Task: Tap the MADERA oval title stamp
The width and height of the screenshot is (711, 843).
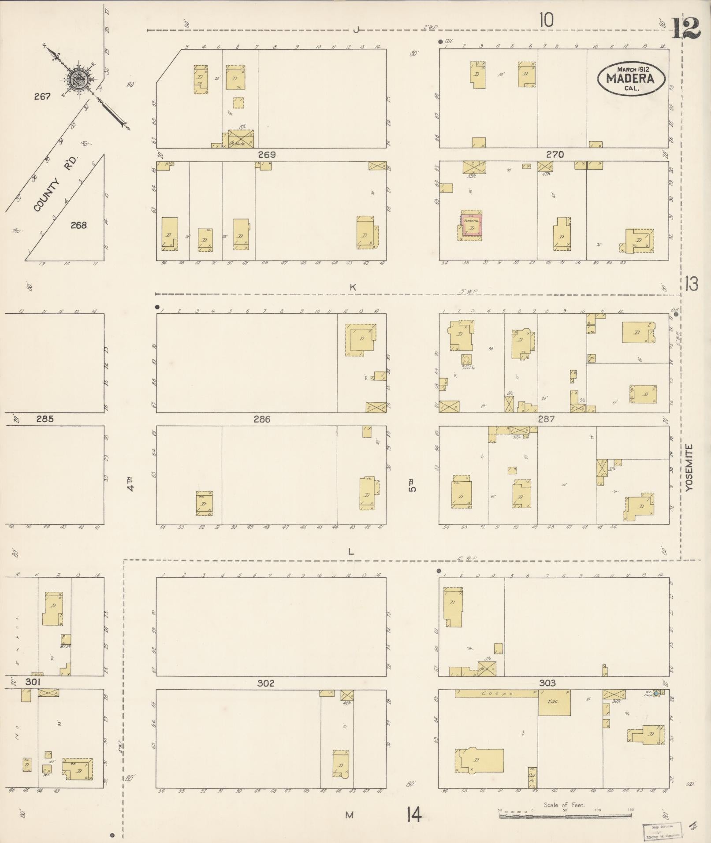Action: click(x=632, y=78)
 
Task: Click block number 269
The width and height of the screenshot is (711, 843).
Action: click(x=267, y=155)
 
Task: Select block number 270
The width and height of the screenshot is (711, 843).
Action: click(x=555, y=155)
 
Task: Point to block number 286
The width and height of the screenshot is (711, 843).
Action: click(x=262, y=419)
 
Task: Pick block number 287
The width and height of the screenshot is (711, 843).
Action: click(x=546, y=419)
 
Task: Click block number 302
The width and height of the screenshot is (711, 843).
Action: click(x=266, y=683)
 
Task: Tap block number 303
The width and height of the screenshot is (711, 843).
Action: click(x=547, y=683)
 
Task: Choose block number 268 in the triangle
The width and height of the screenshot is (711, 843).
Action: click(x=78, y=225)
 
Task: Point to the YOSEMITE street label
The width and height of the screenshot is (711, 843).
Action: click(x=690, y=468)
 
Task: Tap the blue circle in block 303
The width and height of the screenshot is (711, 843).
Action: click(x=656, y=694)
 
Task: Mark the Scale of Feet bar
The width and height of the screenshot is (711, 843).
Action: click(x=565, y=816)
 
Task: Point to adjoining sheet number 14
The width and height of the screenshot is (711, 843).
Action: click(x=414, y=814)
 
